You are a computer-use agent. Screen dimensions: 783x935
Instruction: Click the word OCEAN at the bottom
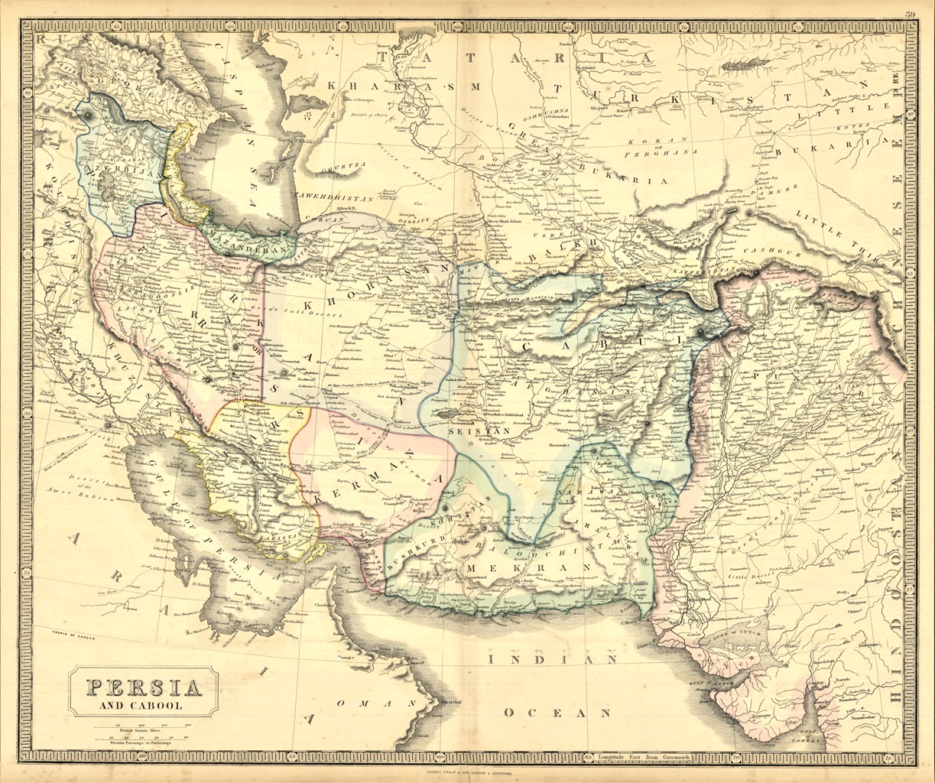pyautogui.click(x=558, y=713)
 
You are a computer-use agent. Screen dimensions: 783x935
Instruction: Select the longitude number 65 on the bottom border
pyautogui.click(x=587, y=758)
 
